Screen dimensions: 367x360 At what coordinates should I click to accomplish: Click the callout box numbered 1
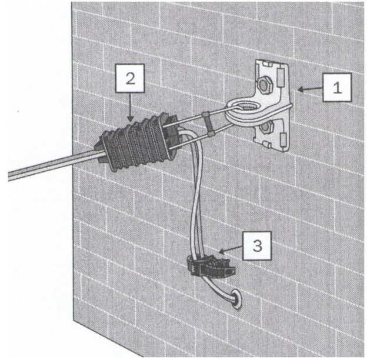[337, 88]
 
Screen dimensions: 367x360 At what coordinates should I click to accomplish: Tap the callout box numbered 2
[131, 78]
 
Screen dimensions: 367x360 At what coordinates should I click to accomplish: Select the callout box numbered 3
[257, 246]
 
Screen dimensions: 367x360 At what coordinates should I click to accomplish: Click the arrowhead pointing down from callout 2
[131, 118]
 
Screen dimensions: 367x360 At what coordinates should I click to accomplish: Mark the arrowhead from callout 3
[221, 252]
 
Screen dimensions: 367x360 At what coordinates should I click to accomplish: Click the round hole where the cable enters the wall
[237, 299]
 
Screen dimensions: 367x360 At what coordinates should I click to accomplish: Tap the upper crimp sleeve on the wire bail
[205, 115]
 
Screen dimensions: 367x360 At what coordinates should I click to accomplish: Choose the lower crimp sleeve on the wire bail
[211, 134]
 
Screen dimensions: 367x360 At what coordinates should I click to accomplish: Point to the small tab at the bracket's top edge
[266, 64]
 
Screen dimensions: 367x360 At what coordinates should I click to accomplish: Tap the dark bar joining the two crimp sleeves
[208, 125]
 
